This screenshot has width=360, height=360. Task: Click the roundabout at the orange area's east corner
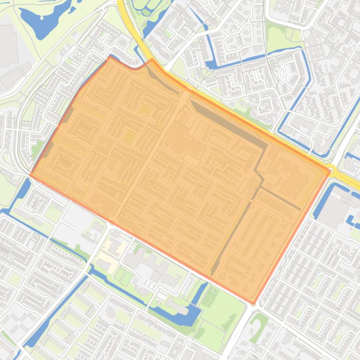[x=331, y=169]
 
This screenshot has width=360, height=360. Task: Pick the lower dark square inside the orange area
[x=128, y=137]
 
